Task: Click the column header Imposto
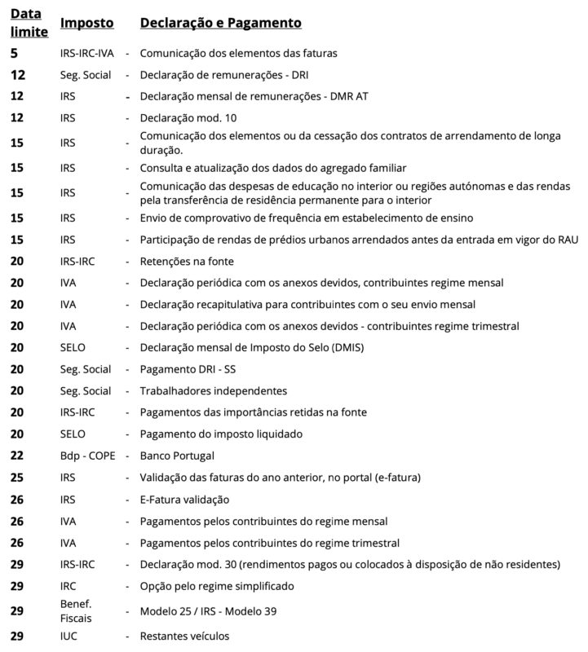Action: point(86,24)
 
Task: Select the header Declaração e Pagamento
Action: point(220,24)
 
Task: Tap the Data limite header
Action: point(29,24)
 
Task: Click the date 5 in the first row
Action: point(14,53)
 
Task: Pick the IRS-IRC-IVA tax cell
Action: point(87,53)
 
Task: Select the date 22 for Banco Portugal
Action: point(17,456)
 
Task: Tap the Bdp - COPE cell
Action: point(88,456)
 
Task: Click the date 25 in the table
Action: point(17,478)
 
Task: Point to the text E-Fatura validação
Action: point(185,499)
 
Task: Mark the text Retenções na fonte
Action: point(187,261)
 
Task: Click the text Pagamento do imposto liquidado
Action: point(221,434)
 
